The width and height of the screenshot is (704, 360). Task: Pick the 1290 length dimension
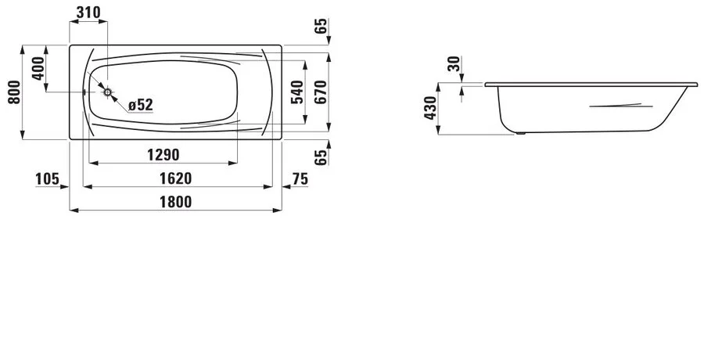(x=163, y=153)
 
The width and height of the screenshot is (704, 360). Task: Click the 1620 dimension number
(x=175, y=178)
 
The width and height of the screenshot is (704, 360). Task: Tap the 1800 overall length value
(x=175, y=202)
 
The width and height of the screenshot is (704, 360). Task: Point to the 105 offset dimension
(x=48, y=179)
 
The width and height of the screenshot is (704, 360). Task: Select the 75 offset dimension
(x=300, y=179)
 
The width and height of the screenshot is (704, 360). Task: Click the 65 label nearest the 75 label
(x=319, y=156)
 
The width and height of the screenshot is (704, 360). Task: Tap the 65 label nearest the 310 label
(x=319, y=26)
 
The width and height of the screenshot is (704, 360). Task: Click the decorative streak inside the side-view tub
(x=618, y=105)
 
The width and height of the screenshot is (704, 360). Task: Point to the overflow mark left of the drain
(x=84, y=92)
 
